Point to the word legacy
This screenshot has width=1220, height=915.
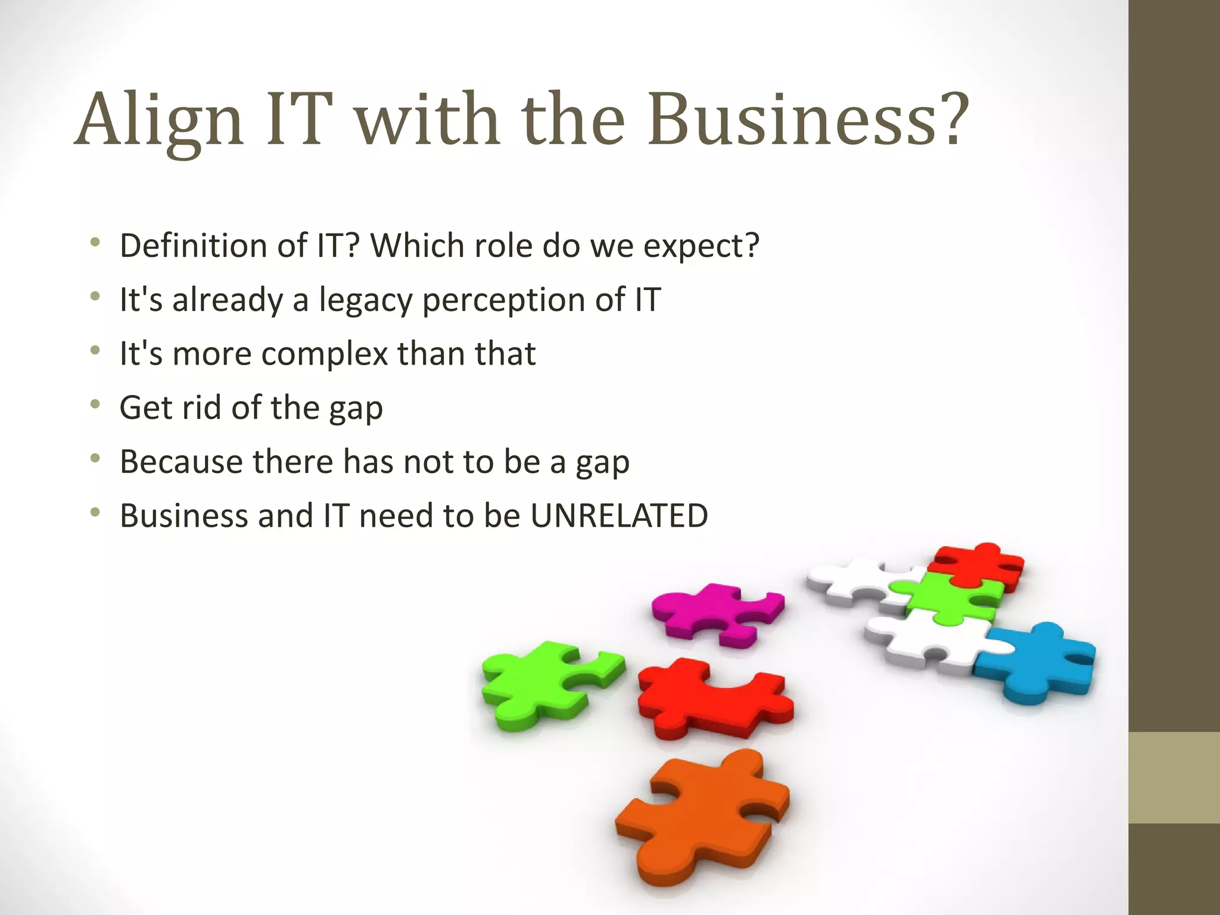[x=365, y=300]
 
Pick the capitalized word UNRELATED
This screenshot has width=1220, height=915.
[x=619, y=516]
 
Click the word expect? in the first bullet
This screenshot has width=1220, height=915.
[x=701, y=247]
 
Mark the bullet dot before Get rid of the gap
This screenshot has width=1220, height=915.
[x=95, y=405]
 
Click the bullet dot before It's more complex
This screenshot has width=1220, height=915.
[x=95, y=351]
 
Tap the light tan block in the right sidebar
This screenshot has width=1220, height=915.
[x=1174, y=777]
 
